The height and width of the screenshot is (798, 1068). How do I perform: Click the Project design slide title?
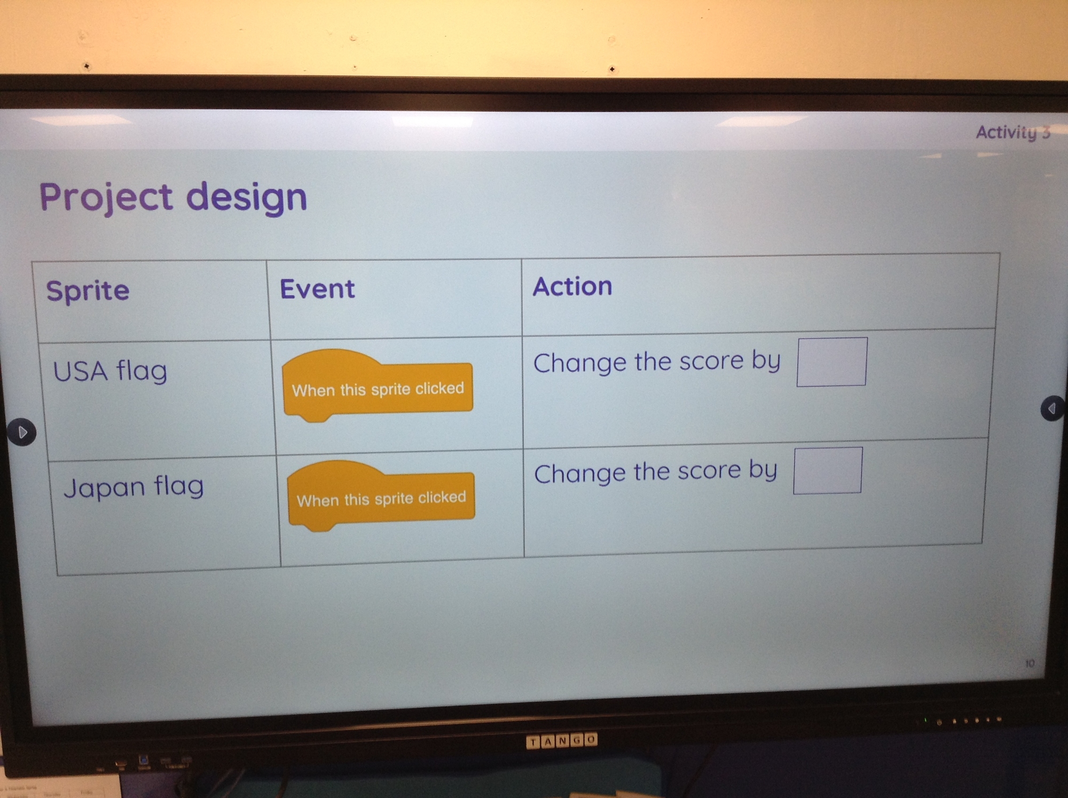coord(174,198)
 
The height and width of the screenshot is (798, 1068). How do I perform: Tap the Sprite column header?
coord(88,291)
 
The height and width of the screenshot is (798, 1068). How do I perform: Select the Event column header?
coord(317,289)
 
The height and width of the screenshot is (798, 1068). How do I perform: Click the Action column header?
coord(572,286)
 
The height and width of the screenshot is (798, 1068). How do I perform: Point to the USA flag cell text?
coord(110,371)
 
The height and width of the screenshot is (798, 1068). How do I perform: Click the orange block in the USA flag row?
coord(378,385)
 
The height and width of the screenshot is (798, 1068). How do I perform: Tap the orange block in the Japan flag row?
coord(381,496)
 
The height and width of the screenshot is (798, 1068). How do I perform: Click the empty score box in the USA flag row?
coord(831,362)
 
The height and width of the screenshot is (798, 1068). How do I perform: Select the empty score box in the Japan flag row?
coord(827,471)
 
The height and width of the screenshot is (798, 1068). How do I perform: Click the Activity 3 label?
coord(1013,132)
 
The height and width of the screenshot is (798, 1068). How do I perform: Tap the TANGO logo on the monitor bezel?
coord(561,741)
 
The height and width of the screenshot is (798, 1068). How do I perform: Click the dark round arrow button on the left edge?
coord(22,432)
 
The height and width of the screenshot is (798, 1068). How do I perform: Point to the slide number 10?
coord(1030,663)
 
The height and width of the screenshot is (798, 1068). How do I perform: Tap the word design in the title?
coord(247,198)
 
